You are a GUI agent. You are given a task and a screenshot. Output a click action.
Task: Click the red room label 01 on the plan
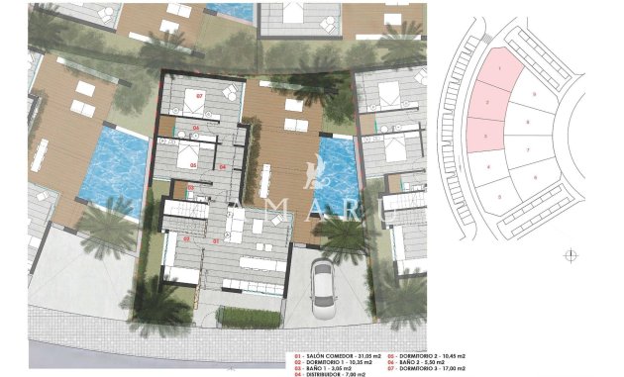point(216,239)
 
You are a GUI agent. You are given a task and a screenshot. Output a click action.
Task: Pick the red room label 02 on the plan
point(186,238)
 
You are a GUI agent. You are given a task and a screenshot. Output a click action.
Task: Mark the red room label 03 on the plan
point(191,186)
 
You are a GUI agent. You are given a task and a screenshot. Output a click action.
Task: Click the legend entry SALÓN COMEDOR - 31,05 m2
point(334,353)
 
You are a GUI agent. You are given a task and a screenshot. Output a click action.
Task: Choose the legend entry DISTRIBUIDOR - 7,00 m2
point(330,374)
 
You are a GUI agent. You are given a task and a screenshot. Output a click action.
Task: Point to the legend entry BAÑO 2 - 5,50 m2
point(421,360)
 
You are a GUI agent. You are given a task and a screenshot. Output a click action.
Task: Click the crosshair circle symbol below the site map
point(570,254)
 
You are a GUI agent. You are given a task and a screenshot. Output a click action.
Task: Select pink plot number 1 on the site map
point(502,69)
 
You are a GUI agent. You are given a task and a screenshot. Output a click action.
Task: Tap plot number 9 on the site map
point(534,94)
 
